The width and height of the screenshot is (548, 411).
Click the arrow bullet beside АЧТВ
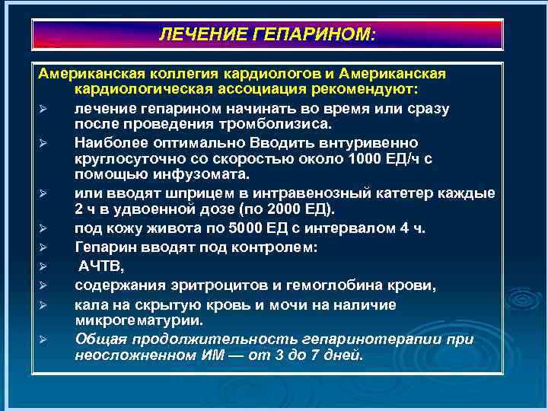[x=45, y=266]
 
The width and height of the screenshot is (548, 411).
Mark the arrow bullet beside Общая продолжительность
[x=45, y=339]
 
